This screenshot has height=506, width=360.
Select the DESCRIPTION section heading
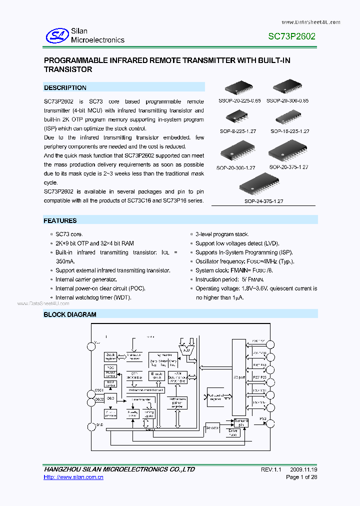point(65,87)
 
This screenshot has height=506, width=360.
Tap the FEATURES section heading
point(60,220)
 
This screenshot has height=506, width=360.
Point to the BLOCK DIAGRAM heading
point(70,314)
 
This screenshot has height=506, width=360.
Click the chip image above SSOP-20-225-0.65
point(242,88)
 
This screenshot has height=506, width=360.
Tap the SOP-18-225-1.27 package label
point(290,131)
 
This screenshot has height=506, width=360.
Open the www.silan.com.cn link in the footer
point(73,477)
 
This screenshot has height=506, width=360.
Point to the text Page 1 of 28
point(301,477)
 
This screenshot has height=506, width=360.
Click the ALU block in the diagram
point(186,348)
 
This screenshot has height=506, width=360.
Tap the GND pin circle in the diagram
point(92,426)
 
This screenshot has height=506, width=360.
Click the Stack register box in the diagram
point(111,356)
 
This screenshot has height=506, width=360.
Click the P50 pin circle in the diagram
point(270,423)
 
